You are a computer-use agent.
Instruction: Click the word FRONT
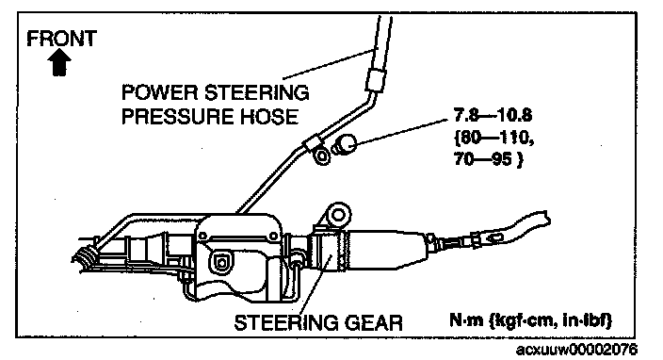(x=62, y=38)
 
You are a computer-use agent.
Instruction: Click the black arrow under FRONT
(x=59, y=62)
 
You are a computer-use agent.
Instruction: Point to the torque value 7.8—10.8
(x=493, y=115)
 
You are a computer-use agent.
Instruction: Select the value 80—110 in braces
(x=493, y=138)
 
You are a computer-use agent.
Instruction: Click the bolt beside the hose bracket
(x=344, y=144)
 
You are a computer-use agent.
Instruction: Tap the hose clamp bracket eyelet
(x=322, y=155)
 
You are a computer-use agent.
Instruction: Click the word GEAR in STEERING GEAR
(x=373, y=322)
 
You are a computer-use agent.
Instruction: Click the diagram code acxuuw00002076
(x=576, y=350)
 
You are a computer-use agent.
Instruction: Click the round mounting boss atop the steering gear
(x=338, y=215)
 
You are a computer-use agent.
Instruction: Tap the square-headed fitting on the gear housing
(x=221, y=262)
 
